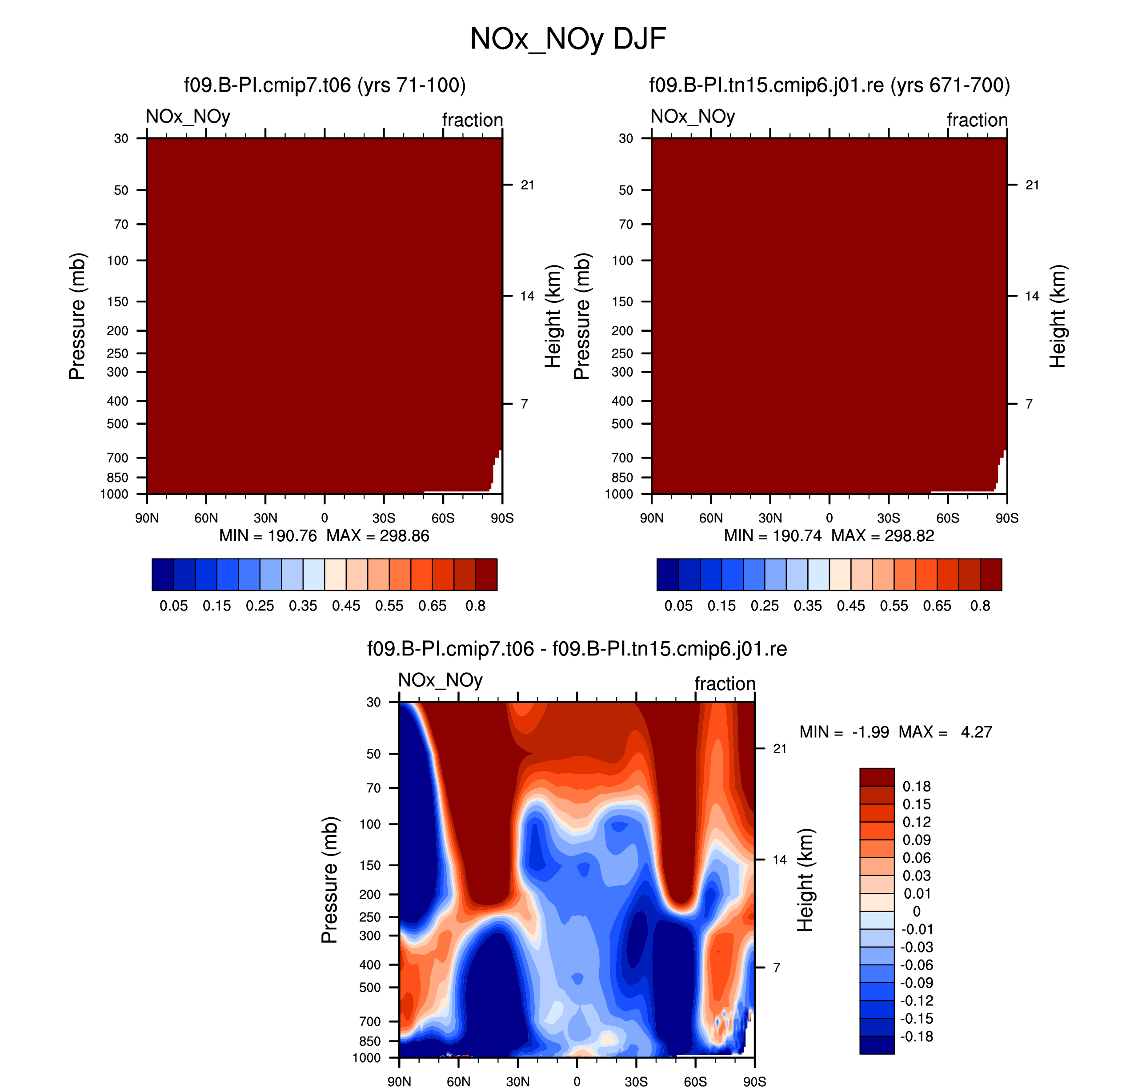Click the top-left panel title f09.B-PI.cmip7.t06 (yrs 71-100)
[x=325, y=85]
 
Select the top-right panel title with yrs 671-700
[x=829, y=85]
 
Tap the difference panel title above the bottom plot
[x=577, y=648]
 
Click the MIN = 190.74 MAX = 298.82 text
[x=829, y=535]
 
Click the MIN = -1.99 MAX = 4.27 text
[x=895, y=731]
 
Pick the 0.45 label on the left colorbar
[x=346, y=606]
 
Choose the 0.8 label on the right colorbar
[x=980, y=606]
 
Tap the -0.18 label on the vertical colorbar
[x=917, y=1036]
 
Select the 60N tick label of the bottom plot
[x=458, y=1081]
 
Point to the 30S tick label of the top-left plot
[x=384, y=518]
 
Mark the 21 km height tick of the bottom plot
[x=779, y=748]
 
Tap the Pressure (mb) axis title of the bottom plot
[x=329, y=880]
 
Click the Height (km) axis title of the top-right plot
[x=1058, y=316]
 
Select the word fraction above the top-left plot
[x=473, y=120]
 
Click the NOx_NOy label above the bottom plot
[x=441, y=680]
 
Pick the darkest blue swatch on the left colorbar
[x=163, y=574]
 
